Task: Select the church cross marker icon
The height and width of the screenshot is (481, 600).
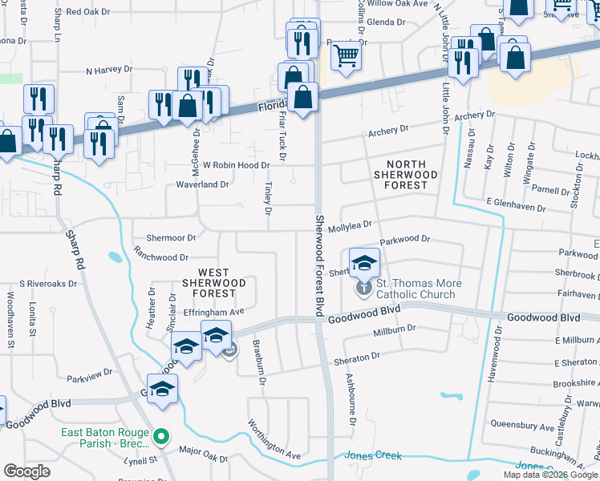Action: (x=364, y=285)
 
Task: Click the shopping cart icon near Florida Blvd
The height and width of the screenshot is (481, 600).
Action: (x=346, y=55)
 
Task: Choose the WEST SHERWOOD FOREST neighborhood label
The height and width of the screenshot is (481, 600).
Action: (x=213, y=283)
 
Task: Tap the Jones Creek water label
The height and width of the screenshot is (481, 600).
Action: (x=373, y=455)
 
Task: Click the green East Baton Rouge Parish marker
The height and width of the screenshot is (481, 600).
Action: (x=162, y=437)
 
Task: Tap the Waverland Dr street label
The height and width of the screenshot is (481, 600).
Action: (x=203, y=184)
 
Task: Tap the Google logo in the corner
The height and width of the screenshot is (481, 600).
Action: (x=26, y=471)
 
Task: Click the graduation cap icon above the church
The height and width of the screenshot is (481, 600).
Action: (x=364, y=261)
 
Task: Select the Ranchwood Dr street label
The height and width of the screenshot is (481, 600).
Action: (x=161, y=257)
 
